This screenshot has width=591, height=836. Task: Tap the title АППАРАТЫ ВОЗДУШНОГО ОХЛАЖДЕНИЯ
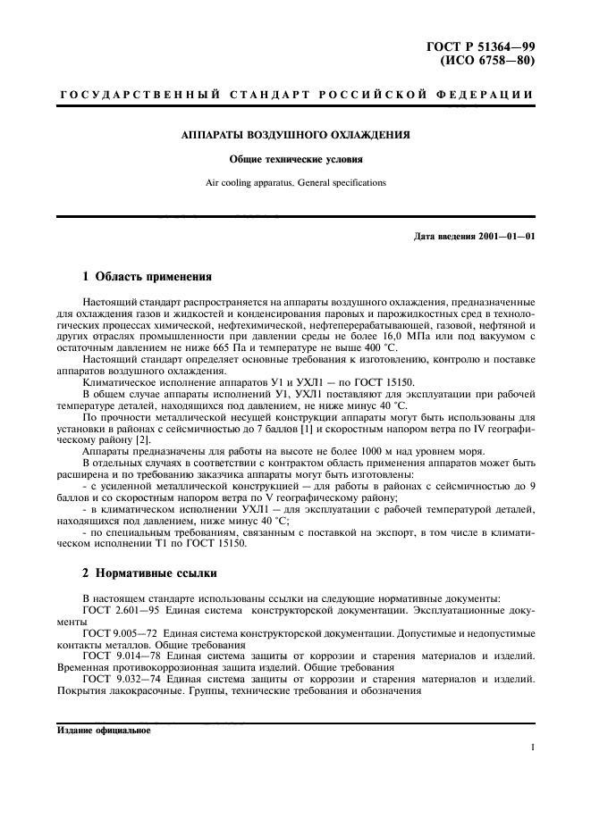click(x=296, y=137)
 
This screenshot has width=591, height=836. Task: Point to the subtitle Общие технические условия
click(x=296, y=162)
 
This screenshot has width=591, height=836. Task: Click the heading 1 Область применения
click(x=147, y=277)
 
